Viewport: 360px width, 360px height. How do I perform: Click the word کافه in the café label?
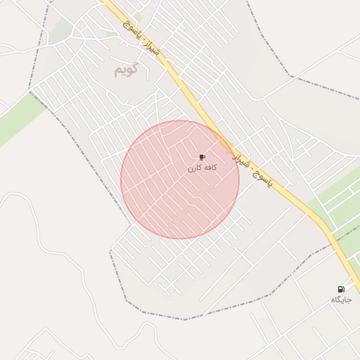click(x=210, y=168)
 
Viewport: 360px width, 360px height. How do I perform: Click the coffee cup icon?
click(x=202, y=157)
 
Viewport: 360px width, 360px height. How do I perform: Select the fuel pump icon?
click(x=341, y=289)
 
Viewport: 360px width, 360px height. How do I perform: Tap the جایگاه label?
click(x=341, y=300)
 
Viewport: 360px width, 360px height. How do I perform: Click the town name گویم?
click(x=126, y=70)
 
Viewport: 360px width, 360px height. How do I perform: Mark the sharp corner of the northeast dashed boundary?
click(x=290, y=75)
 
